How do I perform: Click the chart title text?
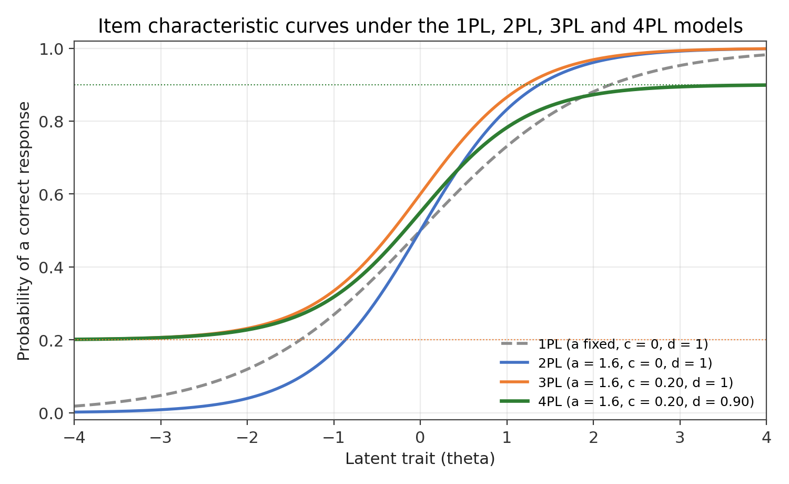coord(420,26)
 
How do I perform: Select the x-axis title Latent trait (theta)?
coord(420,459)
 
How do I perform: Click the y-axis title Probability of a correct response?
coord(24,231)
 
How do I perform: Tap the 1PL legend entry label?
coord(623,344)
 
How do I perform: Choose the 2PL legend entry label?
coord(625,363)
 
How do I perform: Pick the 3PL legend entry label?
coord(636,382)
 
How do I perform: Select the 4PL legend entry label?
coord(646,401)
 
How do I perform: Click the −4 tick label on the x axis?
coord(74,438)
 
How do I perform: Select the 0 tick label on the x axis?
coord(420,438)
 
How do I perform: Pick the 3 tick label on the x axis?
coord(680,438)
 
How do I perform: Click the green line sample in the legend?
coord(514,401)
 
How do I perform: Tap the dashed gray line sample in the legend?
coord(514,343)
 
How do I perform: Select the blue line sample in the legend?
coord(514,363)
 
